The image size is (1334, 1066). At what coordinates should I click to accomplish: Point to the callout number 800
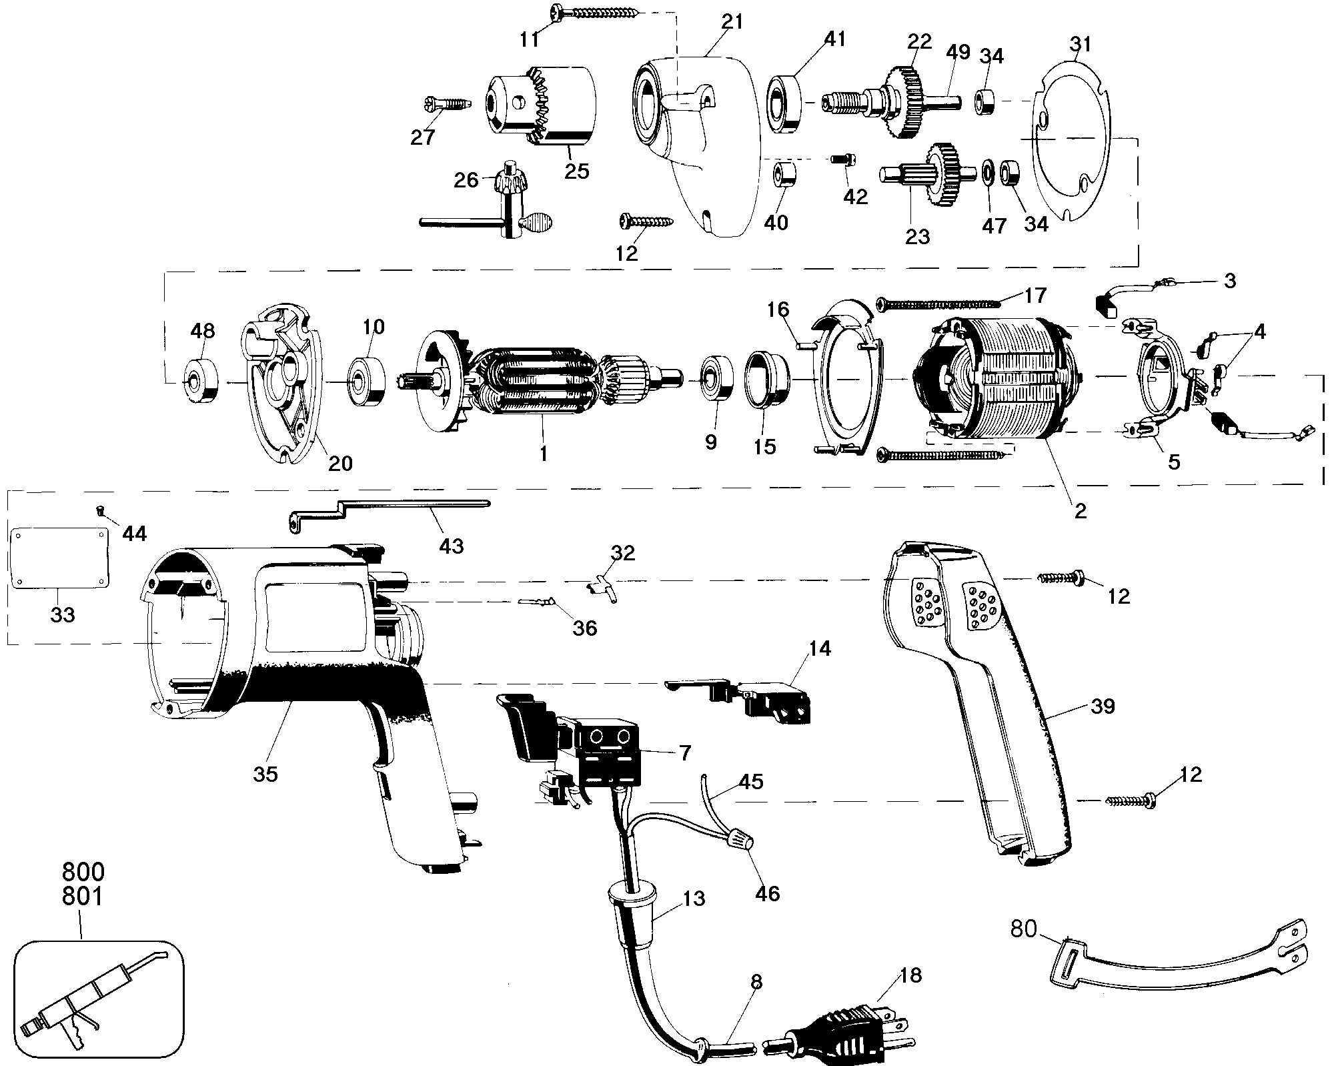point(83,873)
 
